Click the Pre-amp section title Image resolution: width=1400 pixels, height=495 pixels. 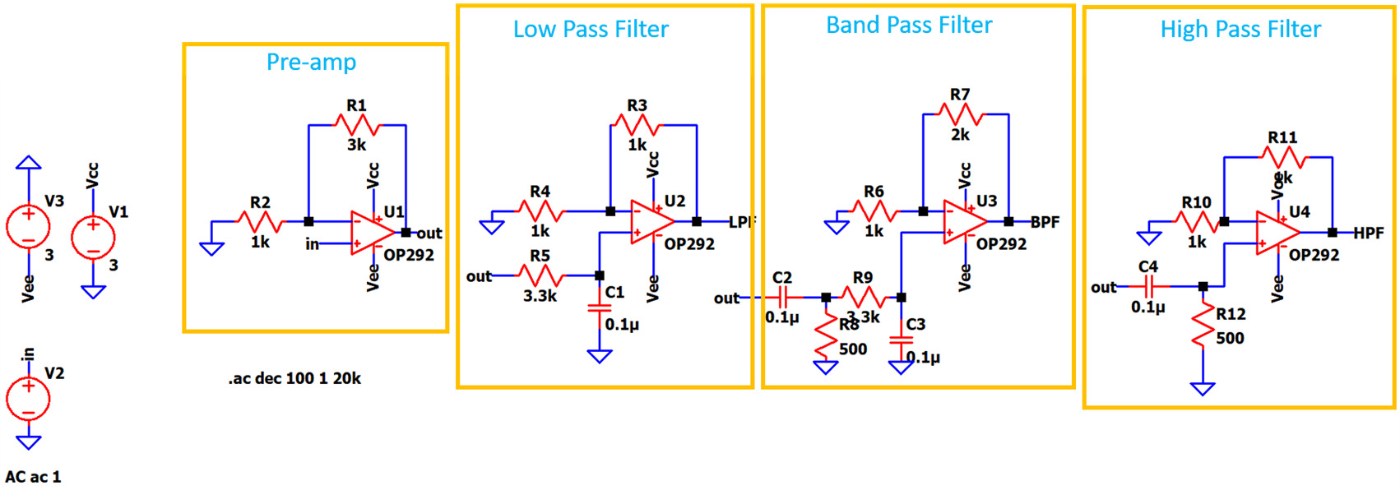click(311, 62)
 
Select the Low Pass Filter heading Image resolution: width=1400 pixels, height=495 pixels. click(591, 30)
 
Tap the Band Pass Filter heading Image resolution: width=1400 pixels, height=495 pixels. click(909, 25)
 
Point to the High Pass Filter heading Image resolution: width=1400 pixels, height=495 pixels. click(1240, 30)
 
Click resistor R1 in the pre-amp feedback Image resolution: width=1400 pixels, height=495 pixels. click(357, 125)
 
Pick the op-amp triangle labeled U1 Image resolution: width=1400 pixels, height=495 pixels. click(371, 233)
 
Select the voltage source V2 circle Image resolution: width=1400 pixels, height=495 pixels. click(28, 399)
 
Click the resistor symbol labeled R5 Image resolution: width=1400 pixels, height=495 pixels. click(540, 275)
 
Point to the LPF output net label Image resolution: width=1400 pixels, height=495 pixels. click(742, 222)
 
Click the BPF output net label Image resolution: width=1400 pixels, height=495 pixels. click(1045, 222)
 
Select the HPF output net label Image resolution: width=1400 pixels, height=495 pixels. click(1369, 233)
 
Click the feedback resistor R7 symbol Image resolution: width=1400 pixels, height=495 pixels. click(960, 114)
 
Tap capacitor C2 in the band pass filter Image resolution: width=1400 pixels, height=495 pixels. click(783, 297)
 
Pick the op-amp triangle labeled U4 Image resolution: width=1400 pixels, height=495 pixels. click(1277, 233)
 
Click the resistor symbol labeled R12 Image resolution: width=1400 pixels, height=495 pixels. click(1203, 326)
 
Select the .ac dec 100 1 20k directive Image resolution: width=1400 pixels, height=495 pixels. click(294, 378)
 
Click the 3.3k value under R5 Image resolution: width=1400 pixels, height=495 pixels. click(540, 296)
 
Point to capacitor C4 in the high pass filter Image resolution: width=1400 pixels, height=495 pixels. click(1149, 286)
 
